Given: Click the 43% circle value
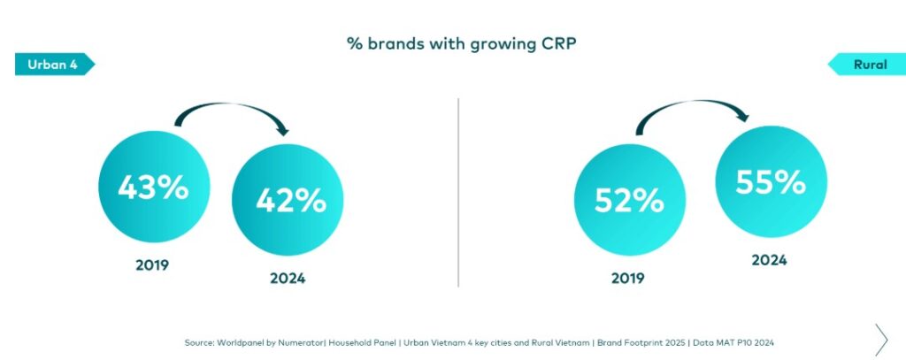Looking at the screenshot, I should (x=154, y=187).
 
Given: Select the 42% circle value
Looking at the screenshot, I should (x=290, y=201).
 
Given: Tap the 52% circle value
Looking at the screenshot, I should (x=629, y=201).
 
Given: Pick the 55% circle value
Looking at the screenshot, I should (x=771, y=181).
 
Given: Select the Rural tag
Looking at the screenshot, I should (x=869, y=65).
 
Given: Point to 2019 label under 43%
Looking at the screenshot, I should (x=152, y=264).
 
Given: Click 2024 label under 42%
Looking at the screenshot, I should (x=288, y=278).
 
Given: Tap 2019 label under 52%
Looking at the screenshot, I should (x=628, y=278).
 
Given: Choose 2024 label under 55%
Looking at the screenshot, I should (x=769, y=260).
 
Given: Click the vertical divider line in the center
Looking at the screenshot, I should (x=458, y=192).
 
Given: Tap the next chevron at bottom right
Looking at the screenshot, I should (x=880, y=339).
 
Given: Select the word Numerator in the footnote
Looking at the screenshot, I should (x=299, y=341).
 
